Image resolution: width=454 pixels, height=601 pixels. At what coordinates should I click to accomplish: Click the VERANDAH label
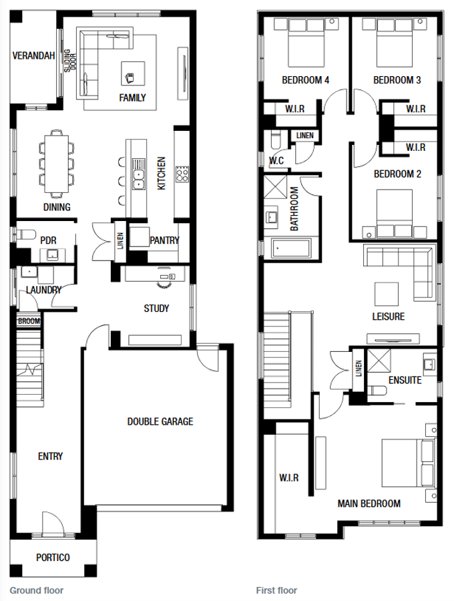click(x=33, y=56)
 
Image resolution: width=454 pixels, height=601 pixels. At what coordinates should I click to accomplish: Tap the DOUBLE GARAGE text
click(x=160, y=421)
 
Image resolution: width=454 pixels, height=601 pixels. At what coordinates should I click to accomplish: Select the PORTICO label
click(x=53, y=558)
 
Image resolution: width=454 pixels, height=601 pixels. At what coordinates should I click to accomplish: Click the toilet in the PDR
click(x=25, y=234)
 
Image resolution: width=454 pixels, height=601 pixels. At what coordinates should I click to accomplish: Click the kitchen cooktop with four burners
click(x=182, y=174)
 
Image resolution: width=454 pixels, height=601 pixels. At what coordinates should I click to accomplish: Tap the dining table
click(x=56, y=164)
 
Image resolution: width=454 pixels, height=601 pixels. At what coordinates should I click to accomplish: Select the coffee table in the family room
click(x=133, y=73)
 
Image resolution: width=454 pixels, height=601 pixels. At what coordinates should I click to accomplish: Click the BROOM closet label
click(x=29, y=321)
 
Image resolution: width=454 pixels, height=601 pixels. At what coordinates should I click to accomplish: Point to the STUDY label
click(x=156, y=309)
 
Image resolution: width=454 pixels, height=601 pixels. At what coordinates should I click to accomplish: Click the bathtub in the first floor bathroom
click(x=291, y=248)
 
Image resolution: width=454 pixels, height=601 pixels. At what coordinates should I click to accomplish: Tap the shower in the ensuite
click(x=379, y=361)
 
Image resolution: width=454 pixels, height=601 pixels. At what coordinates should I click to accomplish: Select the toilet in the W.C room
click(x=276, y=140)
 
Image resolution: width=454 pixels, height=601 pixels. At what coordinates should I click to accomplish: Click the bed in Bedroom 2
click(x=394, y=213)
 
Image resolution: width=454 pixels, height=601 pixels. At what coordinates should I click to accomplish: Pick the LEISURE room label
click(x=389, y=317)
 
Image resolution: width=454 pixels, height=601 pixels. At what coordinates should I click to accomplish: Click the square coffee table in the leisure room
click(x=386, y=294)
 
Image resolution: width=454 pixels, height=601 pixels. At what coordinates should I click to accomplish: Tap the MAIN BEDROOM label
click(x=369, y=504)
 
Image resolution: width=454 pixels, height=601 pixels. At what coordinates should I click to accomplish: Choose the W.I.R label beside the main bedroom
click(x=289, y=478)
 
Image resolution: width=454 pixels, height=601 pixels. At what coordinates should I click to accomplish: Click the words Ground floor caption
click(x=37, y=590)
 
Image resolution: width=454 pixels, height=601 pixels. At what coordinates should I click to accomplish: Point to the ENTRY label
click(x=50, y=456)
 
